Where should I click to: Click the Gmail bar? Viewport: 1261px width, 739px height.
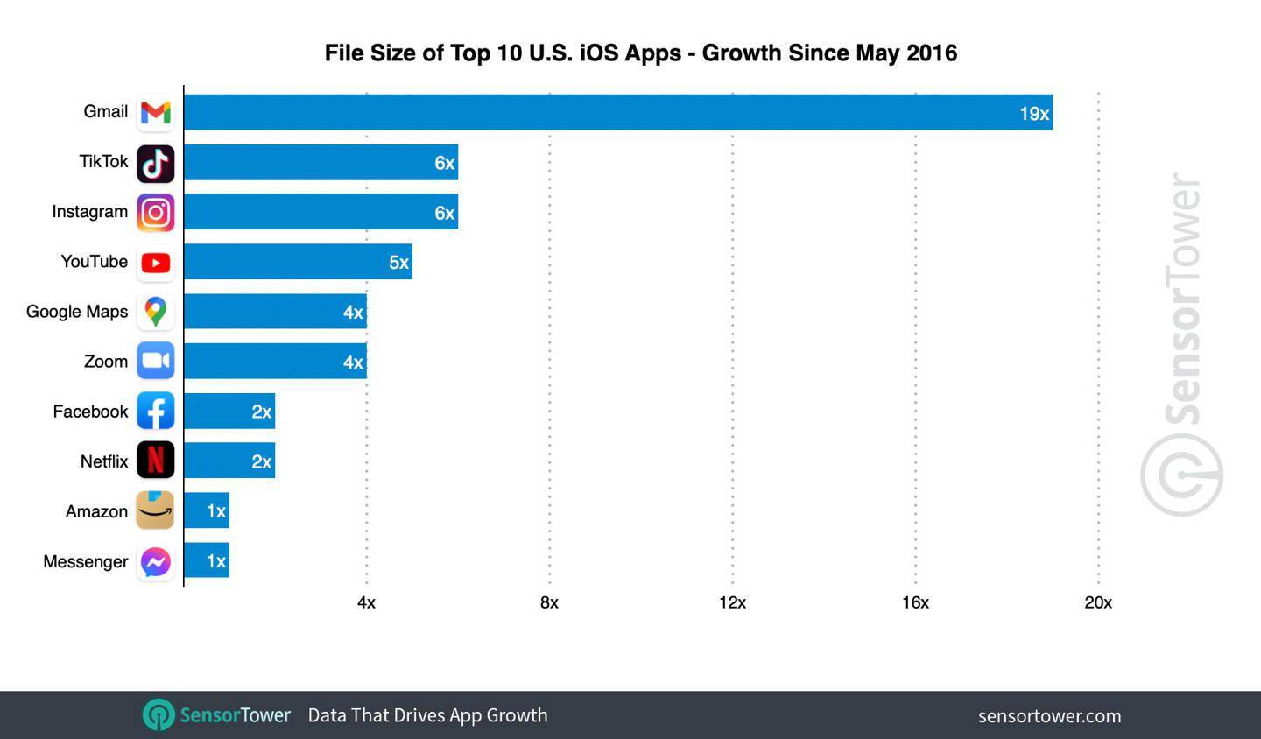617,112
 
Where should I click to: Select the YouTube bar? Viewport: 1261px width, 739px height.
298,262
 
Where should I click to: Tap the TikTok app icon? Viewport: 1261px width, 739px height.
156,164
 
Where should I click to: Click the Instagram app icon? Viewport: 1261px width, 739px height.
156,213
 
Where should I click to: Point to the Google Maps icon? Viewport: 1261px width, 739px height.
156,312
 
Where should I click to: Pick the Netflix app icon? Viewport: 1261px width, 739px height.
156,461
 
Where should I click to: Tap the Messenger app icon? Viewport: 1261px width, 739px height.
156,561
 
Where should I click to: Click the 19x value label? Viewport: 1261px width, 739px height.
1033,114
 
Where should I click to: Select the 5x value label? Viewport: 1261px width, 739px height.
398,263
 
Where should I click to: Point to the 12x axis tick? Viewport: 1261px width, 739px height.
732,602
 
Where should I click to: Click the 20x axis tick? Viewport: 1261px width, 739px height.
1098,602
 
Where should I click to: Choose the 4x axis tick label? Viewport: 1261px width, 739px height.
366,602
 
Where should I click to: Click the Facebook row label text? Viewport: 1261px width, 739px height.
90,412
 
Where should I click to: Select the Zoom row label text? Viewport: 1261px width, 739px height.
106,362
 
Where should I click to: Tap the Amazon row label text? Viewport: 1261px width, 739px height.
96,511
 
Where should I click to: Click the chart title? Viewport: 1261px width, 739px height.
640,53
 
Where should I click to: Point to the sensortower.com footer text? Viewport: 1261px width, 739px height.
1049,716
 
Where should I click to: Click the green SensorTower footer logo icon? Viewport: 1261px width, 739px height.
159,715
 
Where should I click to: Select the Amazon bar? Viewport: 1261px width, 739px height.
207,510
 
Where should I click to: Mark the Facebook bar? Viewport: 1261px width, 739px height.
229,412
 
